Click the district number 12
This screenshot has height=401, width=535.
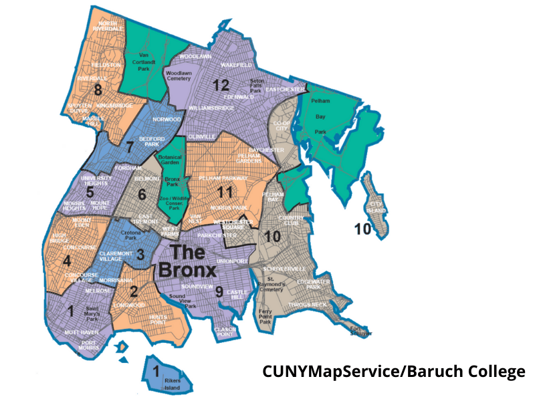click(x=221, y=85)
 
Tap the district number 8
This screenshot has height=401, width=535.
click(x=98, y=90)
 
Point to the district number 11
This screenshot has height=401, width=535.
click(x=225, y=192)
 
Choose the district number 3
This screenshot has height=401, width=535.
click(x=140, y=255)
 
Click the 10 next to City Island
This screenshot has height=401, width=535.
click(x=362, y=230)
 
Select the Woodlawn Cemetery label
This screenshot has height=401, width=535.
click(x=179, y=75)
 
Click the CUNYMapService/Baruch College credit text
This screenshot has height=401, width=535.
click(x=393, y=372)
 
